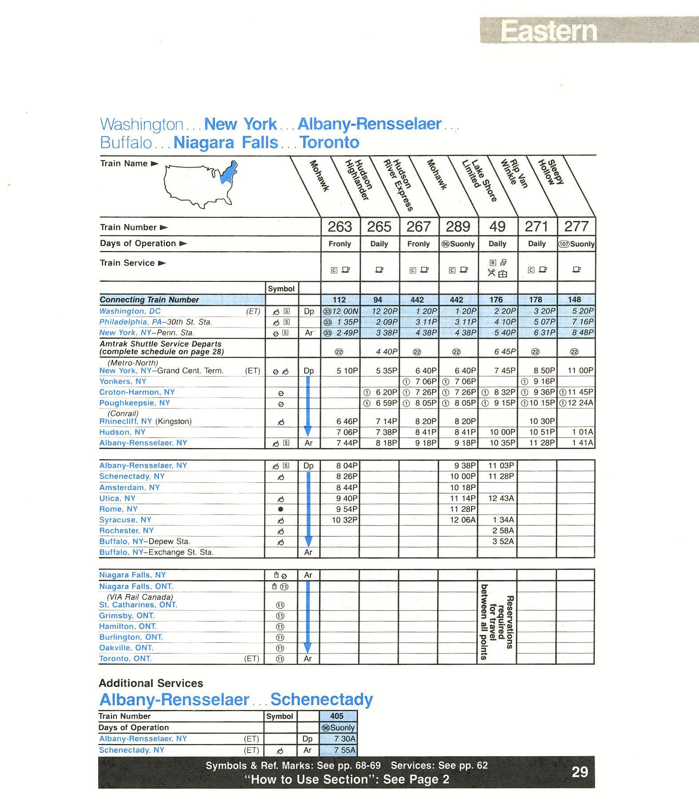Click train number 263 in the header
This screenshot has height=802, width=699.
click(x=340, y=227)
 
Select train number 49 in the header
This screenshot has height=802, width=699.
click(x=497, y=227)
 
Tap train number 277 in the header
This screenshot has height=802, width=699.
click(x=576, y=227)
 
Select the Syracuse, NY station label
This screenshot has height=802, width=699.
click(x=125, y=520)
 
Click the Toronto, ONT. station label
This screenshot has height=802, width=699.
click(x=125, y=658)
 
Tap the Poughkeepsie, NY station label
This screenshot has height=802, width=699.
click(x=135, y=403)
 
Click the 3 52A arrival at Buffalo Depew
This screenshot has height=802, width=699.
click(x=503, y=541)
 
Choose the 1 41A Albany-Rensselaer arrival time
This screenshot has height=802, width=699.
click(x=582, y=443)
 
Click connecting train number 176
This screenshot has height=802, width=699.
click(x=496, y=300)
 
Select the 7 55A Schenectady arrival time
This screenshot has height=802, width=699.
click(x=345, y=750)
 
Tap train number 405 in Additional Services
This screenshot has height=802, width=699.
click(x=337, y=716)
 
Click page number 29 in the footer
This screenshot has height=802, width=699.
click(x=580, y=772)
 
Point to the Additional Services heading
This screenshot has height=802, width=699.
click(x=151, y=683)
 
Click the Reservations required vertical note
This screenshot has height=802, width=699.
click(x=497, y=622)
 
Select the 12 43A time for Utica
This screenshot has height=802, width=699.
click(x=501, y=498)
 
